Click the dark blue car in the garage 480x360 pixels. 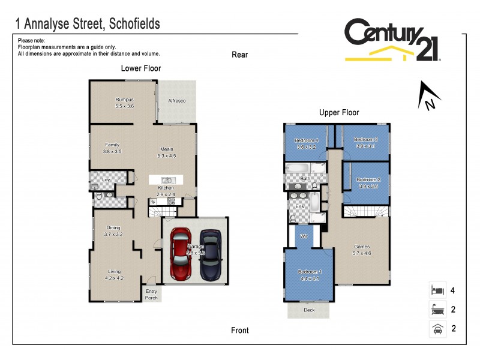pyautogui.click(x=211, y=254)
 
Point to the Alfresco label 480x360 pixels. pyautogui.click(x=176, y=101)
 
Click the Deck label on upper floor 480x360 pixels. pyautogui.click(x=308, y=310)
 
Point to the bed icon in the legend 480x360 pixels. pyautogui.click(x=436, y=290)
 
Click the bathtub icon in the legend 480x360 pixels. pyautogui.click(x=436, y=310)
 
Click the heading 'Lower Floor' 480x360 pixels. pyautogui.click(x=141, y=68)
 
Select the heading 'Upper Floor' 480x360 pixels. pyautogui.click(x=339, y=112)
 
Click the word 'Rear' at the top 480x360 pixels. pyautogui.click(x=240, y=55)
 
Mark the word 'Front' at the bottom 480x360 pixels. pyautogui.click(x=240, y=330)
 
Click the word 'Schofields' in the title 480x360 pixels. pyautogui.click(x=130, y=24)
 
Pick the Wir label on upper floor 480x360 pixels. pyautogui.click(x=304, y=236)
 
